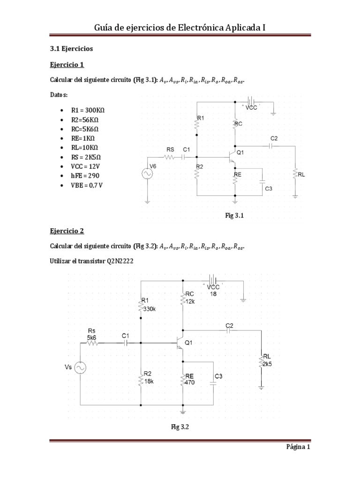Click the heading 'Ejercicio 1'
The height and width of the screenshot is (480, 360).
point(67,65)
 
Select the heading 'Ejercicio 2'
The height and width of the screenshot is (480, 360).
point(67,231)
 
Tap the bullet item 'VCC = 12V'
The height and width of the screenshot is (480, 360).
point(86,166)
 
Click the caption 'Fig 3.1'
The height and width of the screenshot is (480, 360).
point(235,216)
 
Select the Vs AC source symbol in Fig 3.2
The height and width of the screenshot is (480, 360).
point(80,368)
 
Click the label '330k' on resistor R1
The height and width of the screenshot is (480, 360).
point(150,309)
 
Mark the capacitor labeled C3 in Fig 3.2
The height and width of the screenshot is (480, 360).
point(214,382)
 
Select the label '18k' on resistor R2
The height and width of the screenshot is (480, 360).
point(150,382)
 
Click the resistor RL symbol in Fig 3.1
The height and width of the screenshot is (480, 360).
point(295,175)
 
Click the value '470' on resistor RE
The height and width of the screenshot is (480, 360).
point(190,382)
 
